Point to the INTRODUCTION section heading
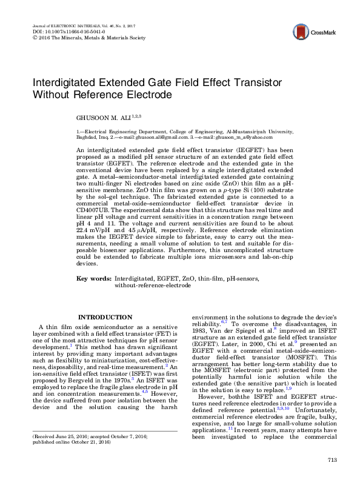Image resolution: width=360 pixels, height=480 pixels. click(x=106, y=317)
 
